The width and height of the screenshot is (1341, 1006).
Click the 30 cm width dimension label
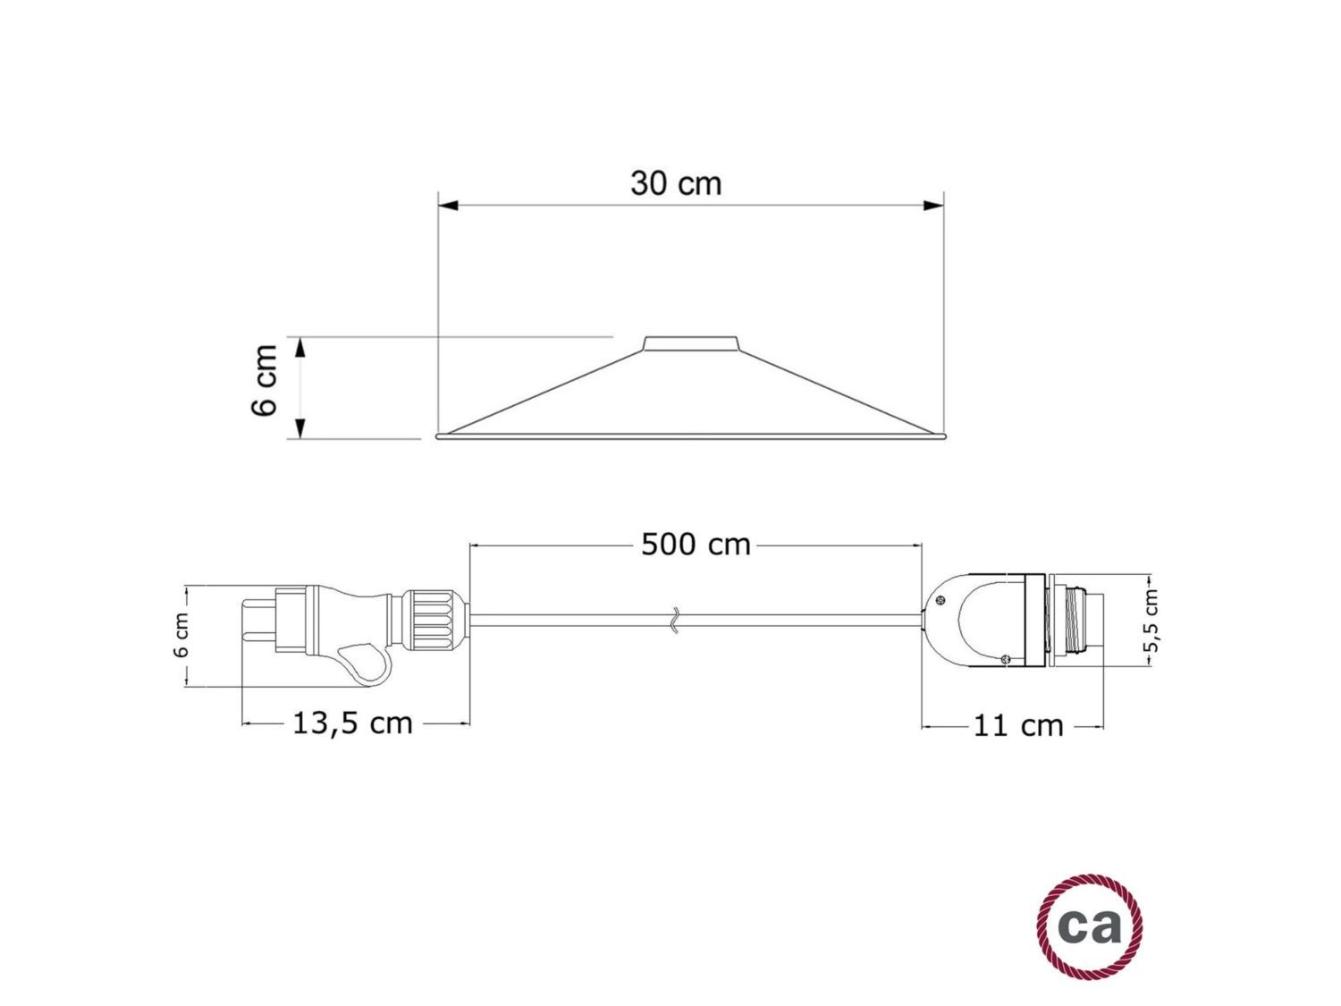coord(675,183)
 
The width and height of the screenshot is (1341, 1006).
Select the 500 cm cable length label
coord(696,545)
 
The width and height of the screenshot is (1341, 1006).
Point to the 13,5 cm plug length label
coord(353,723)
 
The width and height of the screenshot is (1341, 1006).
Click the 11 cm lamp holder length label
coord(1018,725)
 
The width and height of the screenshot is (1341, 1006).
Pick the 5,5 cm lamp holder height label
coord(1151,621)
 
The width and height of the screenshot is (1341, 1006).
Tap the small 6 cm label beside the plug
coord(181,636)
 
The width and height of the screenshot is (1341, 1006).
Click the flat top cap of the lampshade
coord(691,342)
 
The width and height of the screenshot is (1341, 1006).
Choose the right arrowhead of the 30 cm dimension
coord(933,206)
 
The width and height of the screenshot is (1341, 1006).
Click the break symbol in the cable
coord(676,620)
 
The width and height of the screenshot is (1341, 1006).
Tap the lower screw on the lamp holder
coord(1005,659)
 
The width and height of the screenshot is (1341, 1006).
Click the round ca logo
coord(1090,926)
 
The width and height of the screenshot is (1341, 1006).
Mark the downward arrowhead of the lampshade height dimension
coord(300,428)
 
